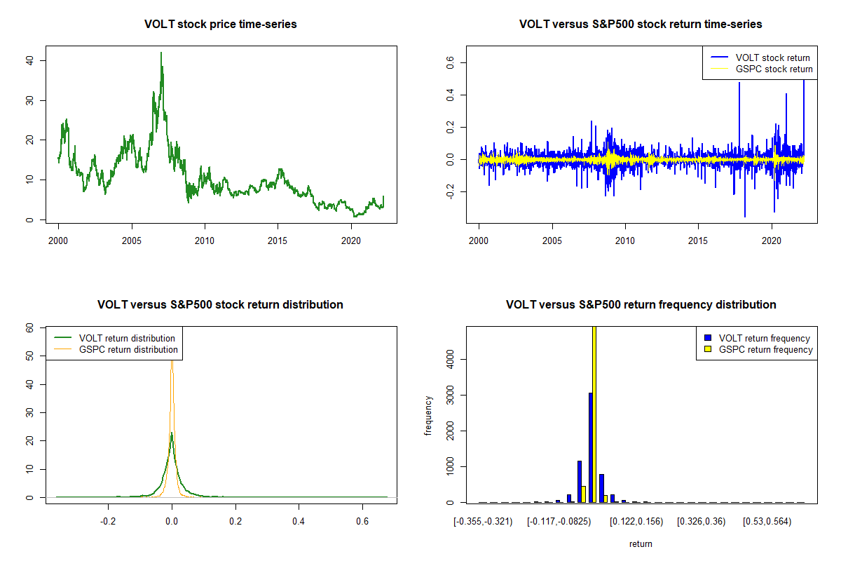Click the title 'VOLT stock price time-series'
coord(220,25)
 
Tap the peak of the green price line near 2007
coord(161,53)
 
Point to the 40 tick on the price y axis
coord(29,60)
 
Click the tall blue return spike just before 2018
coord(739,84)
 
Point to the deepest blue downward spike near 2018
coord(744,216)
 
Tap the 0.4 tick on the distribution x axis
coord(299,522)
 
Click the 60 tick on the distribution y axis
coord(29,327)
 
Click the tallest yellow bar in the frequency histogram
coord(594,414)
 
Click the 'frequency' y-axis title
coord(428,416)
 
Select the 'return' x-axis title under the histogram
coord(641,543)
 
